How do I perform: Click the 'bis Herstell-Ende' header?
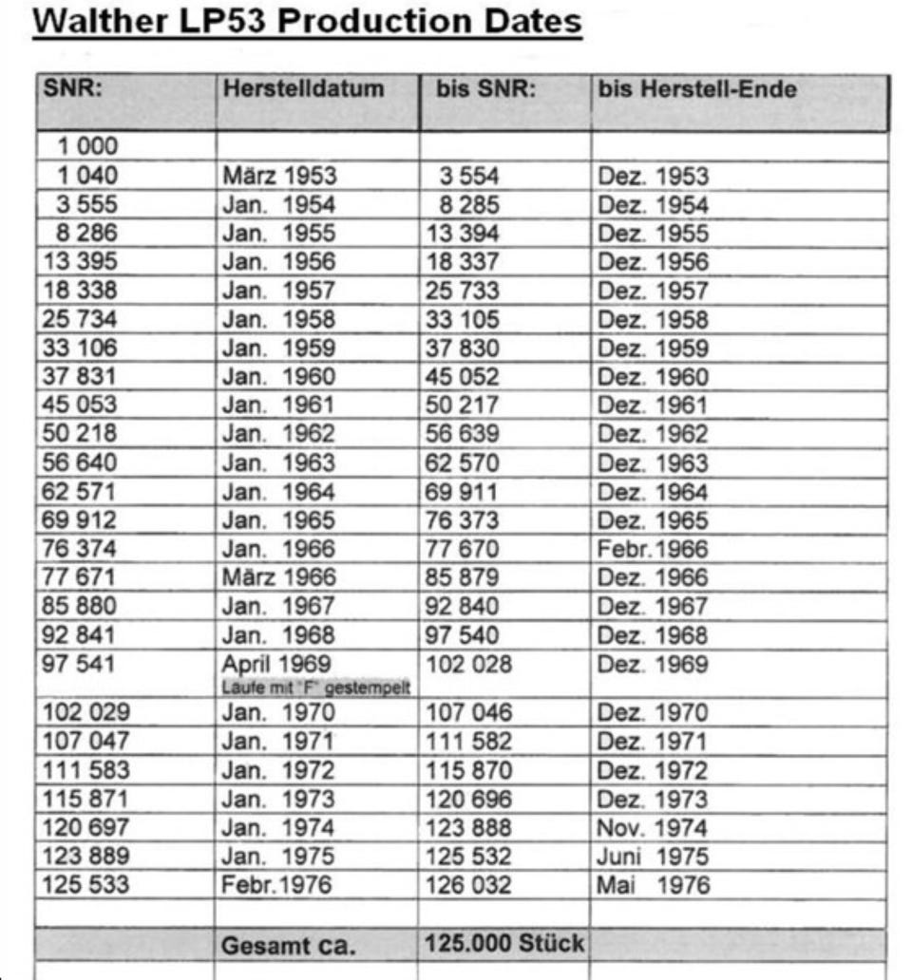pyautogui.click(x=696, y=90)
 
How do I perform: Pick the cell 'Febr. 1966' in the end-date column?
pyautogui.click(x=652, y=549)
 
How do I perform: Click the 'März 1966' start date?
pyautogui.click(x=278, y=577)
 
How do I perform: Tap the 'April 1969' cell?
pyautogui.click(x=275, y=663)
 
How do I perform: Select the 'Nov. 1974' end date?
pyautogui.click(x=652, y=828)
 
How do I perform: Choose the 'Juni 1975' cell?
pyautogui.click(x=652, y=857)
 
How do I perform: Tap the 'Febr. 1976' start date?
pyautogui.click(x=278, y=886)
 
